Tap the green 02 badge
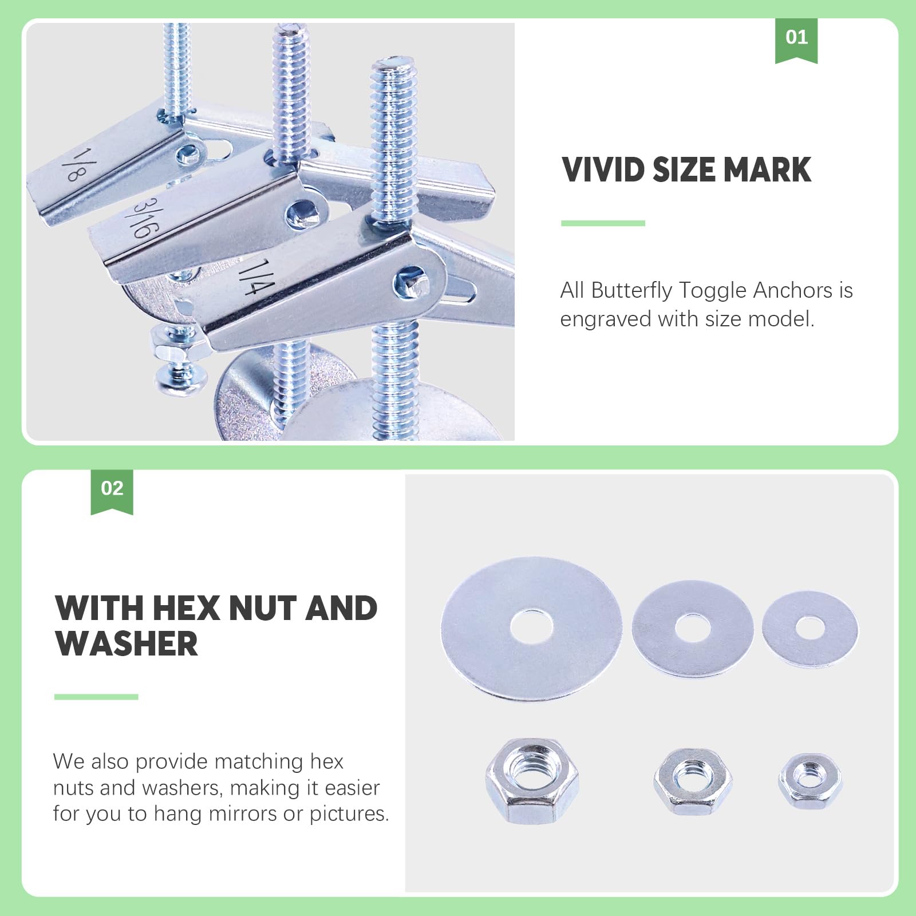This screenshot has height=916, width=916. tap(112, 491)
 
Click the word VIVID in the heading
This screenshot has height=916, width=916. tap(603, 170)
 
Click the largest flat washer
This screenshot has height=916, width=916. tap(531, 628)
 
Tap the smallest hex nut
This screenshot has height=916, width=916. tap(810, 781)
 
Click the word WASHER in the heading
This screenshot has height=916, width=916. tap(127, 643)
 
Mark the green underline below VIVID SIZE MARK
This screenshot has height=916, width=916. tap(603, 223)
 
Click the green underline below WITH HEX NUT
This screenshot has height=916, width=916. tap(96, 697)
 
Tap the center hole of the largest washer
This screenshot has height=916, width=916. tap(531, 626)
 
